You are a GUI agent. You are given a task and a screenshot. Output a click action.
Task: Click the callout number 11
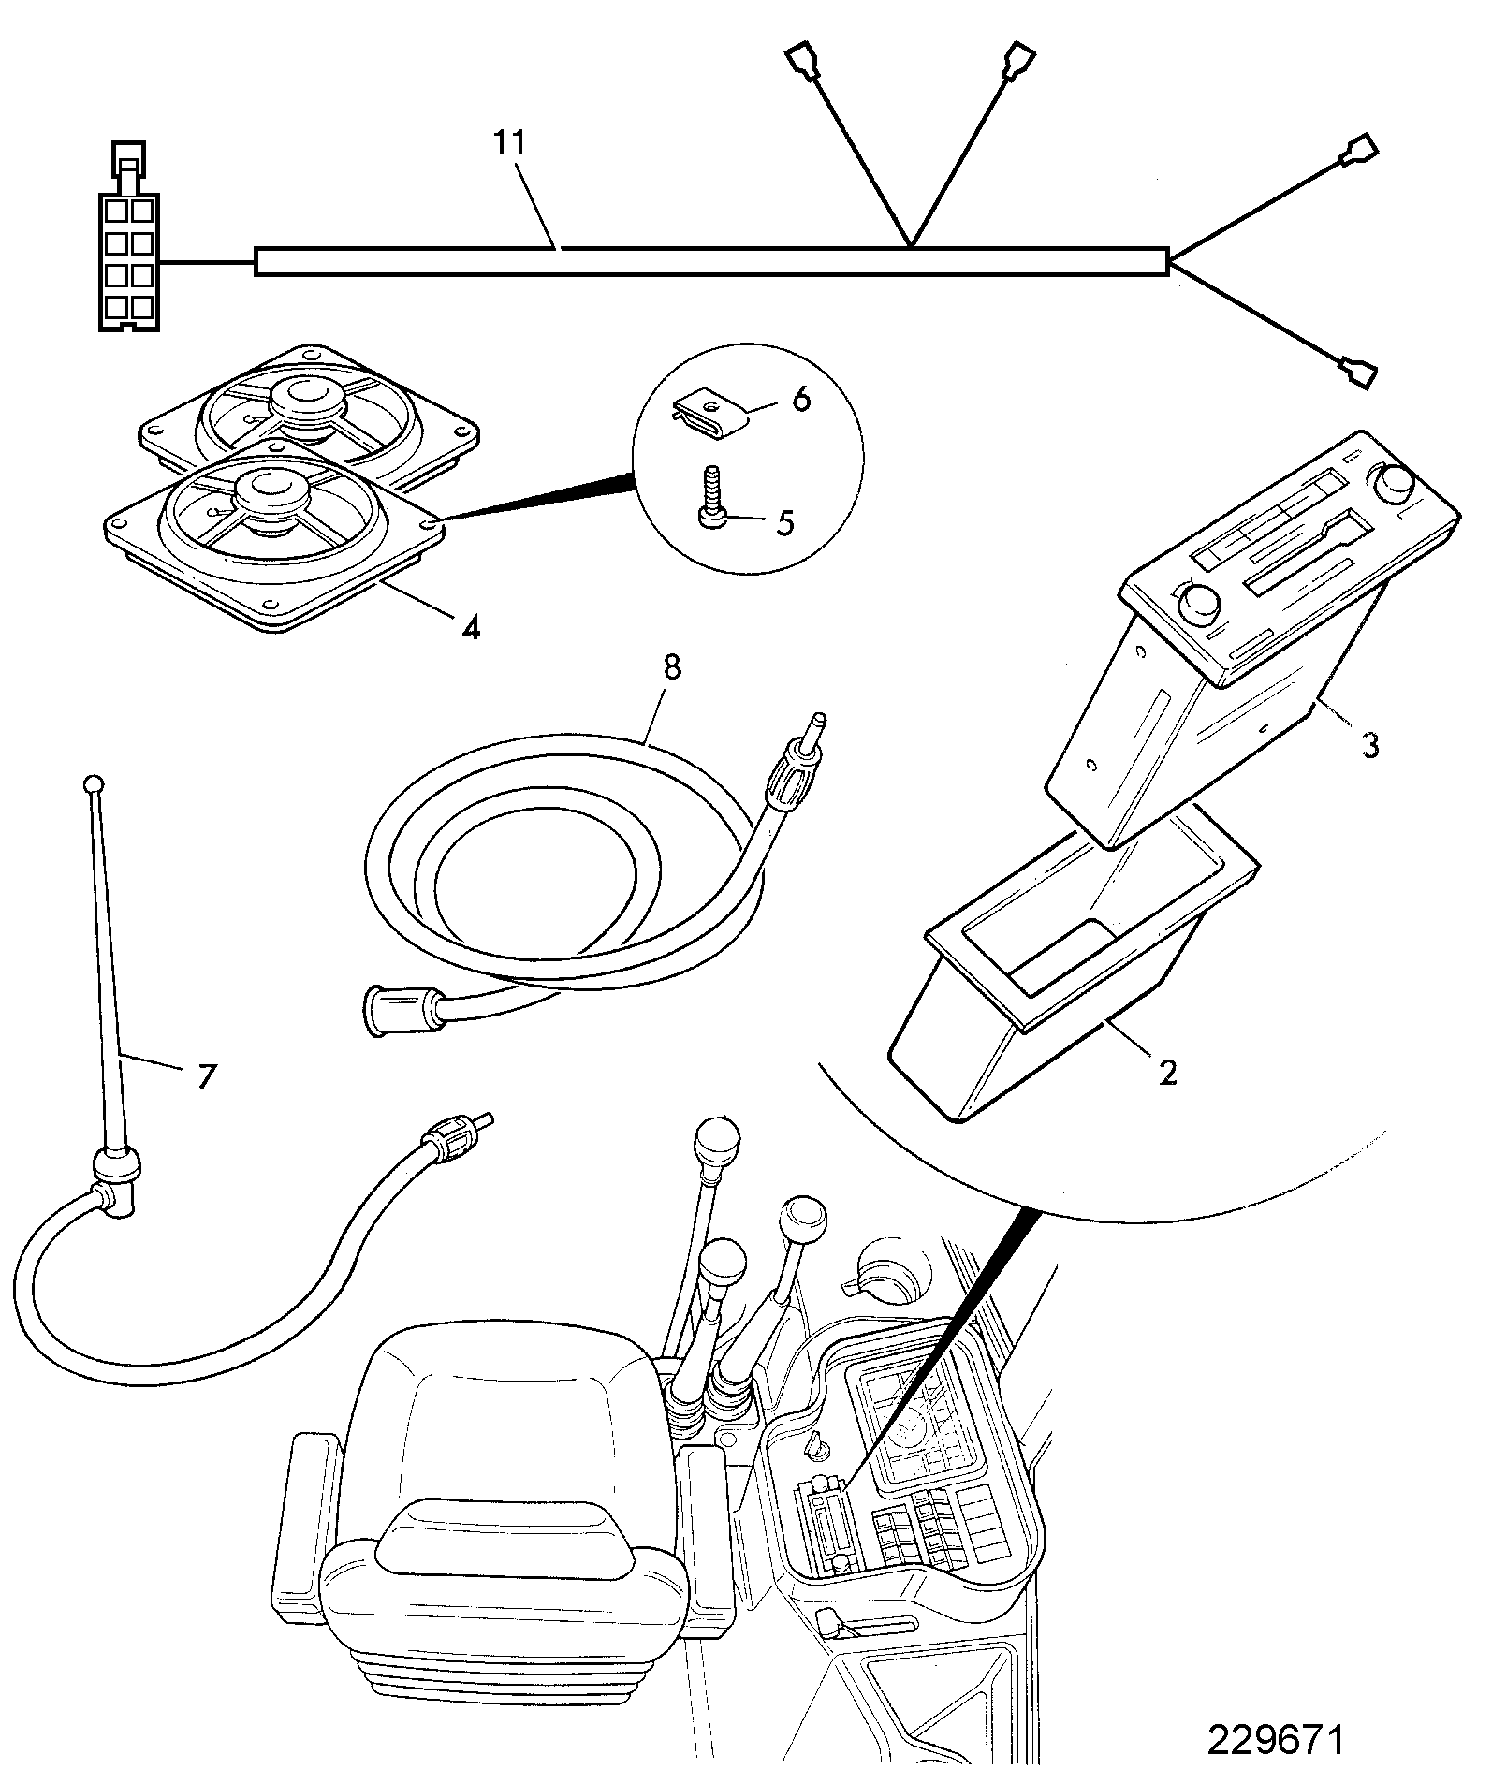tap(511, 143)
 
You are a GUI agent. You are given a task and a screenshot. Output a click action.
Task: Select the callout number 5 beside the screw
tap(784, 522)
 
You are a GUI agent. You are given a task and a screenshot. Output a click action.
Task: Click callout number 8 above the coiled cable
tap(672, 667)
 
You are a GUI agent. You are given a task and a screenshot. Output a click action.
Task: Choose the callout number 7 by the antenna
tap(205, 1076)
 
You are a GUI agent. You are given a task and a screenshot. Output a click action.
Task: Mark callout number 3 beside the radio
tap(1369, 746)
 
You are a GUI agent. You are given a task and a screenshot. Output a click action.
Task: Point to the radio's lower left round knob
tap(1197, 602)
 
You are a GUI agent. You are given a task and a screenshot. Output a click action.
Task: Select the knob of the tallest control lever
tap(717, 1140)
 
